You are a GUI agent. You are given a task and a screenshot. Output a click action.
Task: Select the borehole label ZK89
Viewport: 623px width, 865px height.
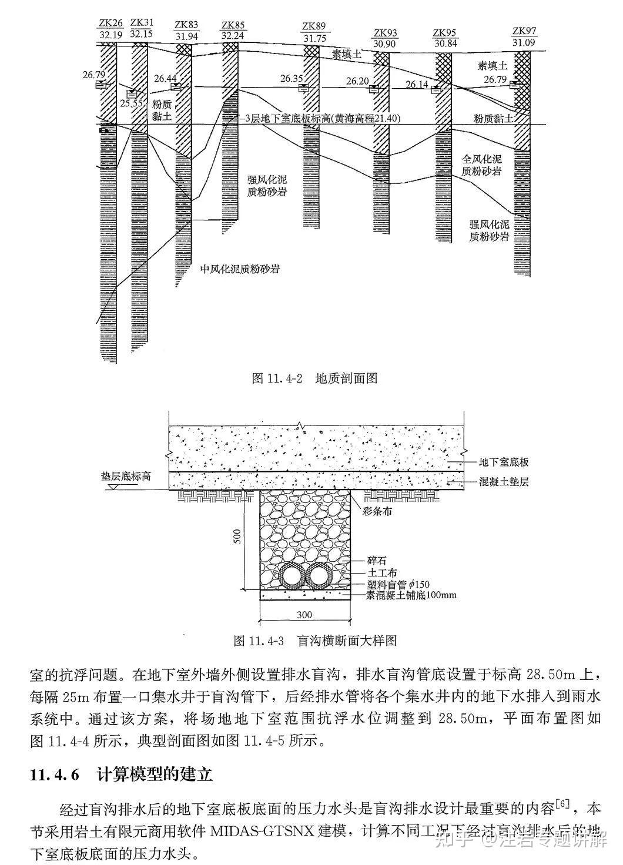(x=313, y=27)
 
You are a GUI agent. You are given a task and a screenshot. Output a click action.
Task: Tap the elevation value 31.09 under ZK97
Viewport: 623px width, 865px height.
(x=523, y=42)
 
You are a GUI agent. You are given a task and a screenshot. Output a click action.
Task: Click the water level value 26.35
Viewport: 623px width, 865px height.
(x=292, y=79)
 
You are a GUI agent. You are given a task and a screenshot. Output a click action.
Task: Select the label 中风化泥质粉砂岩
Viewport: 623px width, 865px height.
(x=239, y=270)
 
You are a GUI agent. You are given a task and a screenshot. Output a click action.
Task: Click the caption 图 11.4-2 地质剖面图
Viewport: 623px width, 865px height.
(x=314, y=378)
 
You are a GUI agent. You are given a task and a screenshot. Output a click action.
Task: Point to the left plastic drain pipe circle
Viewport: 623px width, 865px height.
(x=291, y=576)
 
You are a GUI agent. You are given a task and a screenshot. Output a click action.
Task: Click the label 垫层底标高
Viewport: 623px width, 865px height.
(x=125, y=476)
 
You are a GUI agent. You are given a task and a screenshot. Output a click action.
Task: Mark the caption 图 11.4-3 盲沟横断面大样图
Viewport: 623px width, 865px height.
(x=314, y=640)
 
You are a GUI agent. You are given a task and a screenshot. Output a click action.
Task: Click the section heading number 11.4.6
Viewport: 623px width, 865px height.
(x=54, y=775)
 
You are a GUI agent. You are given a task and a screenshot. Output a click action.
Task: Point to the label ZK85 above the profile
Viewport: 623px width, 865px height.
(x=233, y=26)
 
